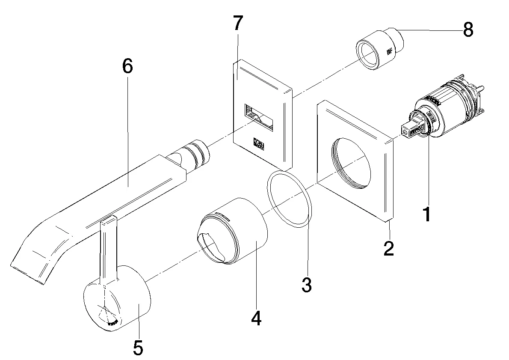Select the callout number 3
click(306, 284)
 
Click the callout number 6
click(127, 67)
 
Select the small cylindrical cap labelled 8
click(381, 47)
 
